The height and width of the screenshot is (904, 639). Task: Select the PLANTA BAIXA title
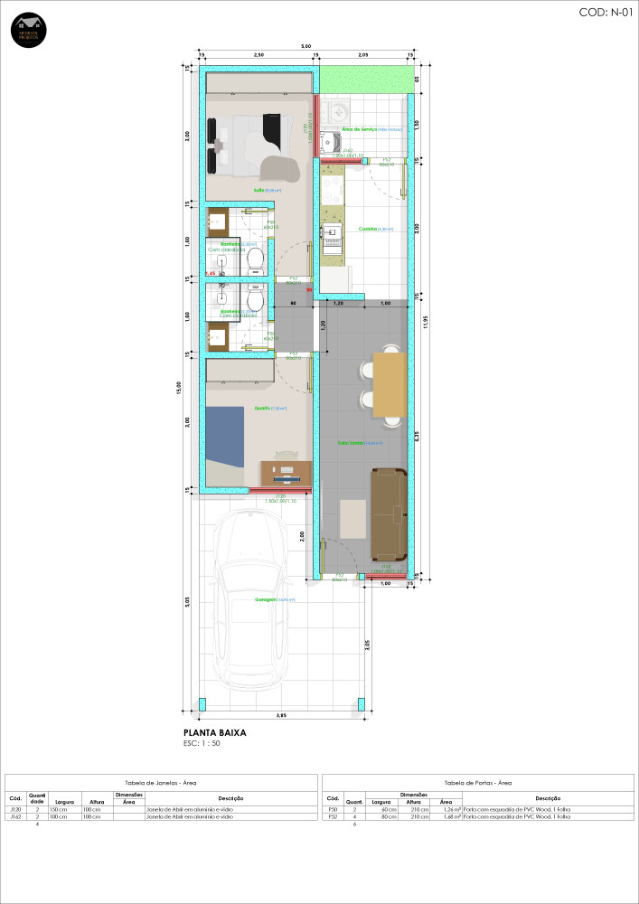[215, 733]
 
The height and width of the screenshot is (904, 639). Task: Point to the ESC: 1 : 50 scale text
[202, 744]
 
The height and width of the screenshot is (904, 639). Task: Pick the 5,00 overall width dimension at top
[305, 46]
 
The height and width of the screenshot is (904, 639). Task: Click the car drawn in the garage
[250, 601]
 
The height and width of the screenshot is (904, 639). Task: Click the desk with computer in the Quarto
[287, 472]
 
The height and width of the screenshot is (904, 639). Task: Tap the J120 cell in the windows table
[15, 810]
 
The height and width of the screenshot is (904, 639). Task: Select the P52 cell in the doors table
[332, 817]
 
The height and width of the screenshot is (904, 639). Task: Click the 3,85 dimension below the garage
[281, 716]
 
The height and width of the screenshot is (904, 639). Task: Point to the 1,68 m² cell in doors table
[446, 817]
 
